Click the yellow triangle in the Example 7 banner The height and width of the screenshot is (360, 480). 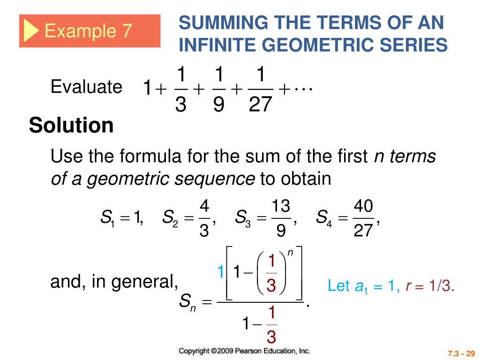pyautogui.click(x=31, y=31)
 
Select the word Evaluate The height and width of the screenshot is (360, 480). pyautogui.click(x=86, y=87)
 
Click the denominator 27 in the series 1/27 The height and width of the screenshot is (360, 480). pyautogui.click(x=260, y=105)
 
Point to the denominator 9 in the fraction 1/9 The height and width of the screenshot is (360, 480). pyautogui.click(x=218, y=105)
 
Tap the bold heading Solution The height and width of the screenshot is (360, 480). pyautogui.click(x=71, y=126)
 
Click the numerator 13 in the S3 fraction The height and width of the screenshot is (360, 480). pyautogui.click(x=281, y=206)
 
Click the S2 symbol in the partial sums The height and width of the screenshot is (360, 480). pyautogui.click(x=169, y=218)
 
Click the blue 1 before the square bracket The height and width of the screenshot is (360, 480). pyautogui.click(x=220, y=272)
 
